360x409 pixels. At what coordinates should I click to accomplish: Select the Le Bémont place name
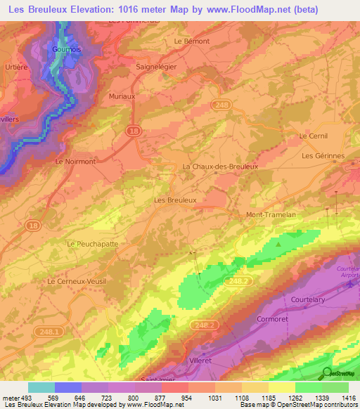pos(192,41)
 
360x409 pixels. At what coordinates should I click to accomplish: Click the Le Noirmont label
pos(75,161)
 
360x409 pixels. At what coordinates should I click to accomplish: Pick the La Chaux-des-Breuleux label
pos(220,167)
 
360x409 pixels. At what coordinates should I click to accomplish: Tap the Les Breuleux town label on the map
pos(174,200)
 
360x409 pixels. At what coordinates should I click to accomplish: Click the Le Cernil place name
pos(314,136)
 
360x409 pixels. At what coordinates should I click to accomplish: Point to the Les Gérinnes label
pos(323,155)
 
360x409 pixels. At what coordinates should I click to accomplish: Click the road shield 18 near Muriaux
pos(133,131)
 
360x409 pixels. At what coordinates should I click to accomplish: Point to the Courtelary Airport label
pos(347,273)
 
